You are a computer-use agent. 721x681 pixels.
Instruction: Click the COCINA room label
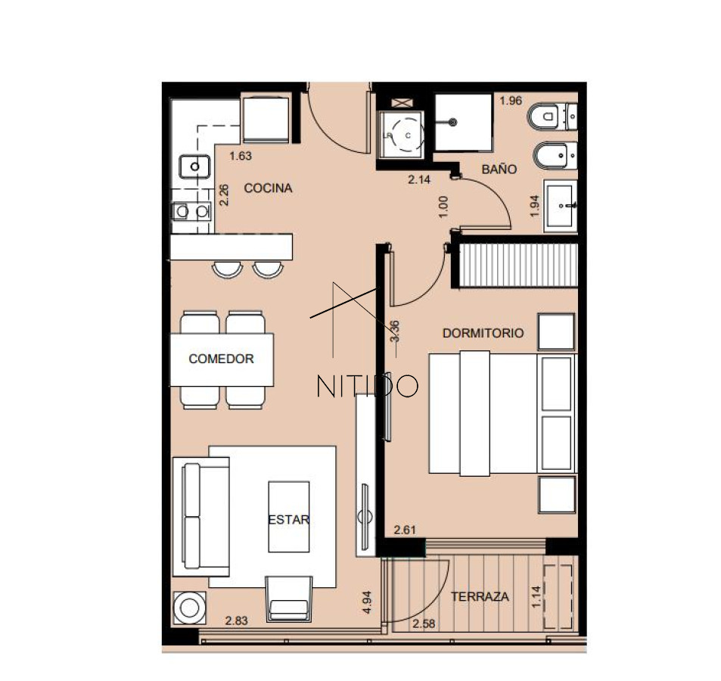coord(268,188)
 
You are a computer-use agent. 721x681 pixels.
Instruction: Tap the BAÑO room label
coord(499,169)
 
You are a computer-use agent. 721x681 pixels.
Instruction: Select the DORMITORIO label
coord(483,333)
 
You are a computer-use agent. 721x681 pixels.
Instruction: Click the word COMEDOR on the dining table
coord(221,359)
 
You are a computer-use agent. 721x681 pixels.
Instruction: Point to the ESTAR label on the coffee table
coord(288,520)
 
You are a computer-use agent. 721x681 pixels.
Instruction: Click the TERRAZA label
coord(480,597)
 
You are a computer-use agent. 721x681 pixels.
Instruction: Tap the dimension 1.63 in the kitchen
coord(240,157)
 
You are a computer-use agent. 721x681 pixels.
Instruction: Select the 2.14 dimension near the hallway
coord(418,180)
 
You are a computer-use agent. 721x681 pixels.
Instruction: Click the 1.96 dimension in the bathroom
coord(511,101)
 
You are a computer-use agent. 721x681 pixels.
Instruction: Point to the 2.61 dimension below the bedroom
coord(406,530)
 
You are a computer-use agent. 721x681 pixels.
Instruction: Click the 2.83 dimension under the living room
coord(237,621)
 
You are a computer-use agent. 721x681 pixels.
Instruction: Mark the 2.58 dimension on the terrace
coord(424,624)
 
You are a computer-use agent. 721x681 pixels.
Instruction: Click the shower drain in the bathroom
coord(452,122)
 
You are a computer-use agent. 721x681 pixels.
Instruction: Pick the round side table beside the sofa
coord(188,607)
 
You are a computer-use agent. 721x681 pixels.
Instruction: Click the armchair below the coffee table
coord(288,599)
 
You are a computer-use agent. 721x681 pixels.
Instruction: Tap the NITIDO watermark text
coord(367,386)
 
